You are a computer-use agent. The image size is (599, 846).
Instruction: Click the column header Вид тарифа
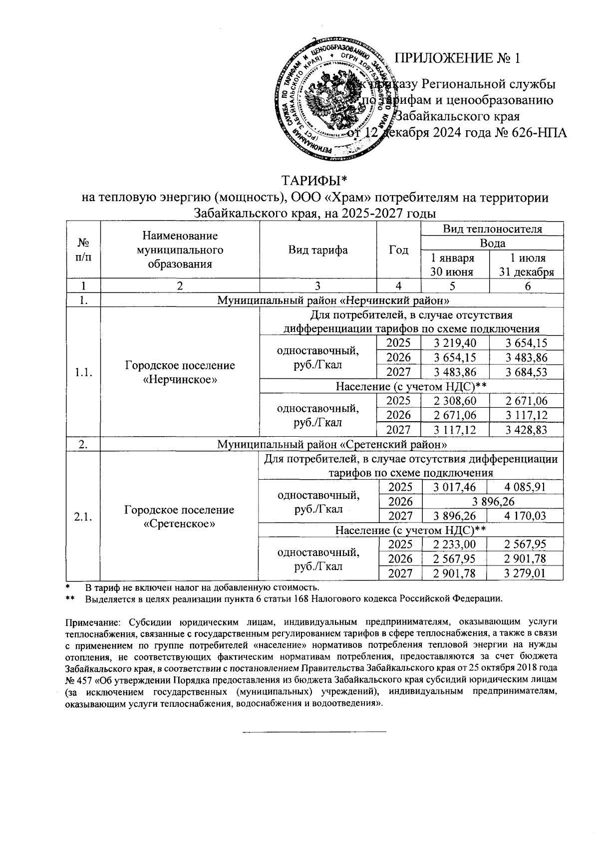(318, 250)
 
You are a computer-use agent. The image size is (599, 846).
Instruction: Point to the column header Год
(399, 250)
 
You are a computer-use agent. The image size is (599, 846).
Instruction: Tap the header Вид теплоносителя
(492, 229)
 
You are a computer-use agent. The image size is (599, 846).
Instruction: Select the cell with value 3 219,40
(455, 343)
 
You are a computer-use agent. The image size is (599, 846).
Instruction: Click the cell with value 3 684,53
(527, 372)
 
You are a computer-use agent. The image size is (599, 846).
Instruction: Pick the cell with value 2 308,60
(455, 401)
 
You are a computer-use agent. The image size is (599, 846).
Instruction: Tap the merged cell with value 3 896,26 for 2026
(492, 502)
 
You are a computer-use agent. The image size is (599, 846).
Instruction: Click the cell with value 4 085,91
(527, 487)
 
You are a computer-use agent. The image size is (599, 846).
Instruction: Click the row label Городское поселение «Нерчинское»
(180, 372)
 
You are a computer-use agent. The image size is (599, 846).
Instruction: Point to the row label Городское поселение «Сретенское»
(179, 517)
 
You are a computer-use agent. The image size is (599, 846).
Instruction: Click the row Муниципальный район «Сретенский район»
(332, 444)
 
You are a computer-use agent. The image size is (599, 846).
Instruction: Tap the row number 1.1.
(83, 372)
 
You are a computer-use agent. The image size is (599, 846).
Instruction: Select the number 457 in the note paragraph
(85, 680)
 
